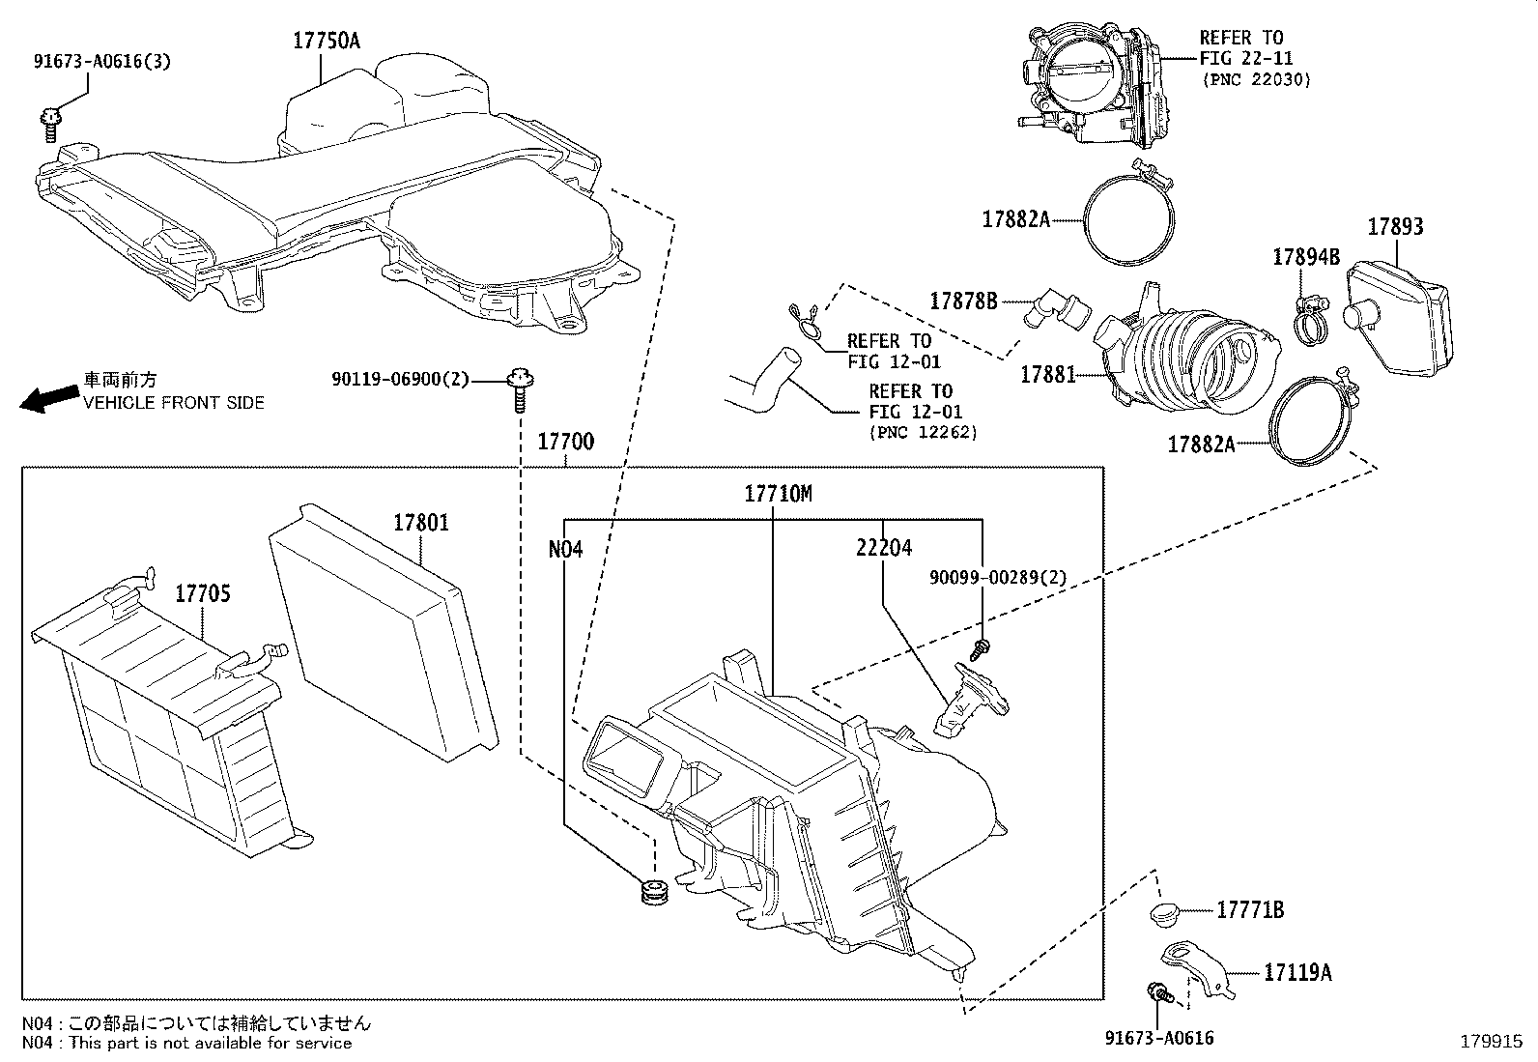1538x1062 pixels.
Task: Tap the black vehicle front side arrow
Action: (49, 397)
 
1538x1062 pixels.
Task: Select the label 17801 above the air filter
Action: (420, 523)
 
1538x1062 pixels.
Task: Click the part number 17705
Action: (202, 593)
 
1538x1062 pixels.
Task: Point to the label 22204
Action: (883, 548)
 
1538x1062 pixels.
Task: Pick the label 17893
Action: (1395, 227)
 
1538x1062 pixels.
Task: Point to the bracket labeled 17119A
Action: (1198, 968)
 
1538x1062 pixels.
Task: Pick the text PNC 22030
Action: (1256, 80)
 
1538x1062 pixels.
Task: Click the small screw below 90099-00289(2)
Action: (983, 646)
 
